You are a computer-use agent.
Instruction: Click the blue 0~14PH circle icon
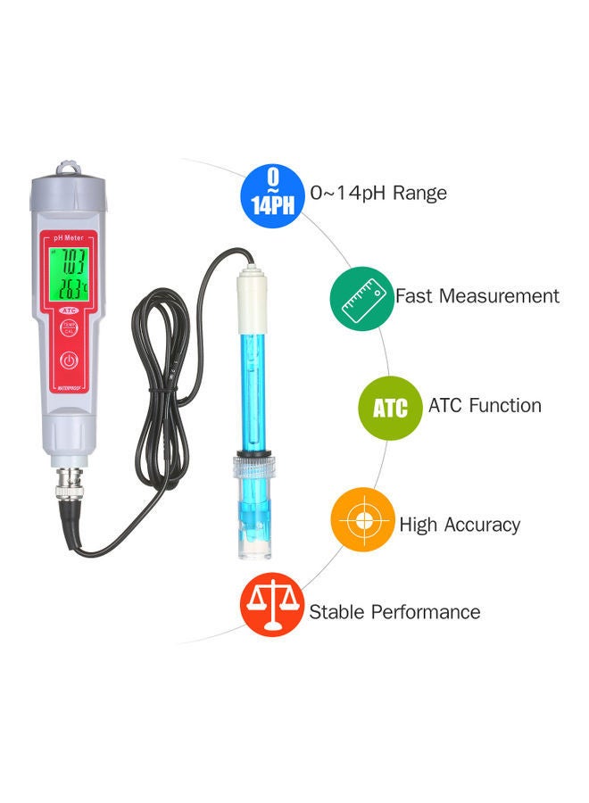272,193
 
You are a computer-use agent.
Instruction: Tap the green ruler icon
361,297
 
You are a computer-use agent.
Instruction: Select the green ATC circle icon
390,409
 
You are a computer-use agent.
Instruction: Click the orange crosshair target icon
362,522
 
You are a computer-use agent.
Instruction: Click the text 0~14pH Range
378,193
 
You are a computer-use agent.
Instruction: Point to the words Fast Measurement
477,295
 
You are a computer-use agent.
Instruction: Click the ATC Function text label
485,405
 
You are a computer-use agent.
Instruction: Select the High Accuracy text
460,525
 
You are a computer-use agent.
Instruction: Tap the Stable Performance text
394,612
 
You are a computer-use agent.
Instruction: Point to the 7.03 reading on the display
71,262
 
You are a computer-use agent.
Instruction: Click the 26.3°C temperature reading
71,288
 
